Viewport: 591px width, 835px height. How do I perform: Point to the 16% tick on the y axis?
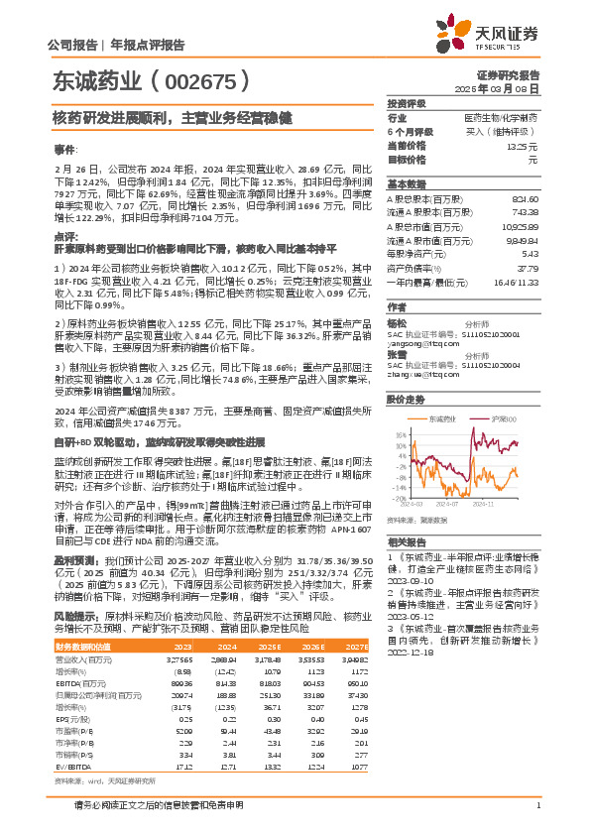[399, 433]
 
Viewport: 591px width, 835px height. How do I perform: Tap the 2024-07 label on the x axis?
[459, 504]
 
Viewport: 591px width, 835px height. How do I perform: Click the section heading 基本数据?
[405, 184]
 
